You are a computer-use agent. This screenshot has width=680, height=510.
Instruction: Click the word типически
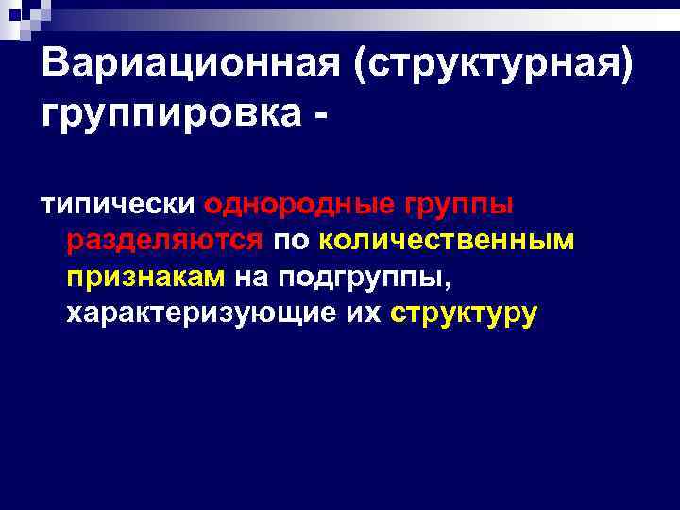116,205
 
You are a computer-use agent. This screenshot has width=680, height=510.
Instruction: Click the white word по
291,242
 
